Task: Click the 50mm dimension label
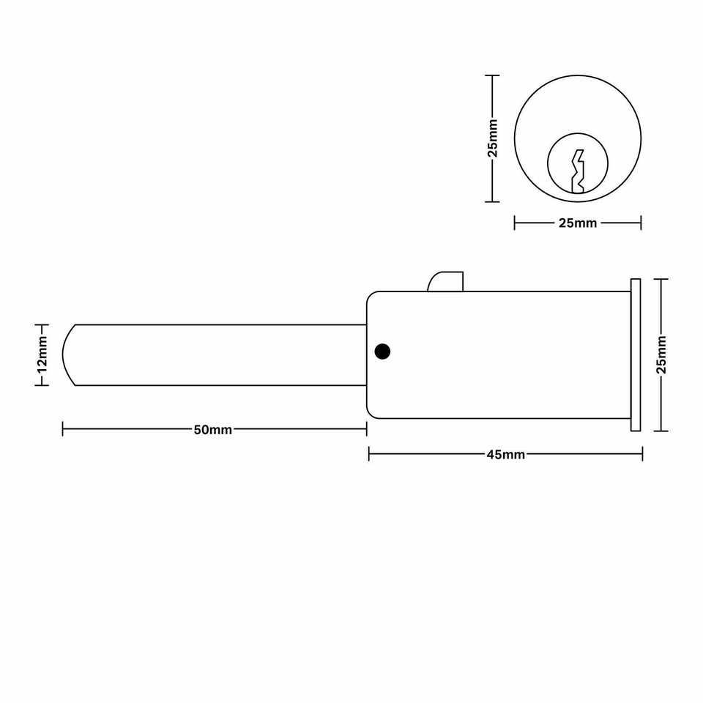click(212, 430)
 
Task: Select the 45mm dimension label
click(505, 455)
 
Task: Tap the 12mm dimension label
click(42, 355)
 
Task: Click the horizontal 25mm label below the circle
click(578, 223)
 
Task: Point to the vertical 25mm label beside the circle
click(493, 138)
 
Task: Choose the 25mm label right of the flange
click(661, 355)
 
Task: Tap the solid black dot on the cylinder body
click(382, 351)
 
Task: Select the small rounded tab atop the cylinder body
click(446, 282)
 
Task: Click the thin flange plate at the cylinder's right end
click(635, 355)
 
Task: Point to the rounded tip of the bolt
click(68, 355)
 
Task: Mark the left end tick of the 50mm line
click(63, 430)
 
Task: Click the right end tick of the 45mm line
click(642, 455)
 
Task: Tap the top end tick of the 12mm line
click(42, 324)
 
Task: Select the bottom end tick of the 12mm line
click(42, 386)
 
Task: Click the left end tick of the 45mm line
click(369, 455)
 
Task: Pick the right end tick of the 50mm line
click(366, 430)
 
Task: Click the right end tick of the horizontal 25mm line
click(641, 223)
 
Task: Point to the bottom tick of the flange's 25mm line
click(661, 431)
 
